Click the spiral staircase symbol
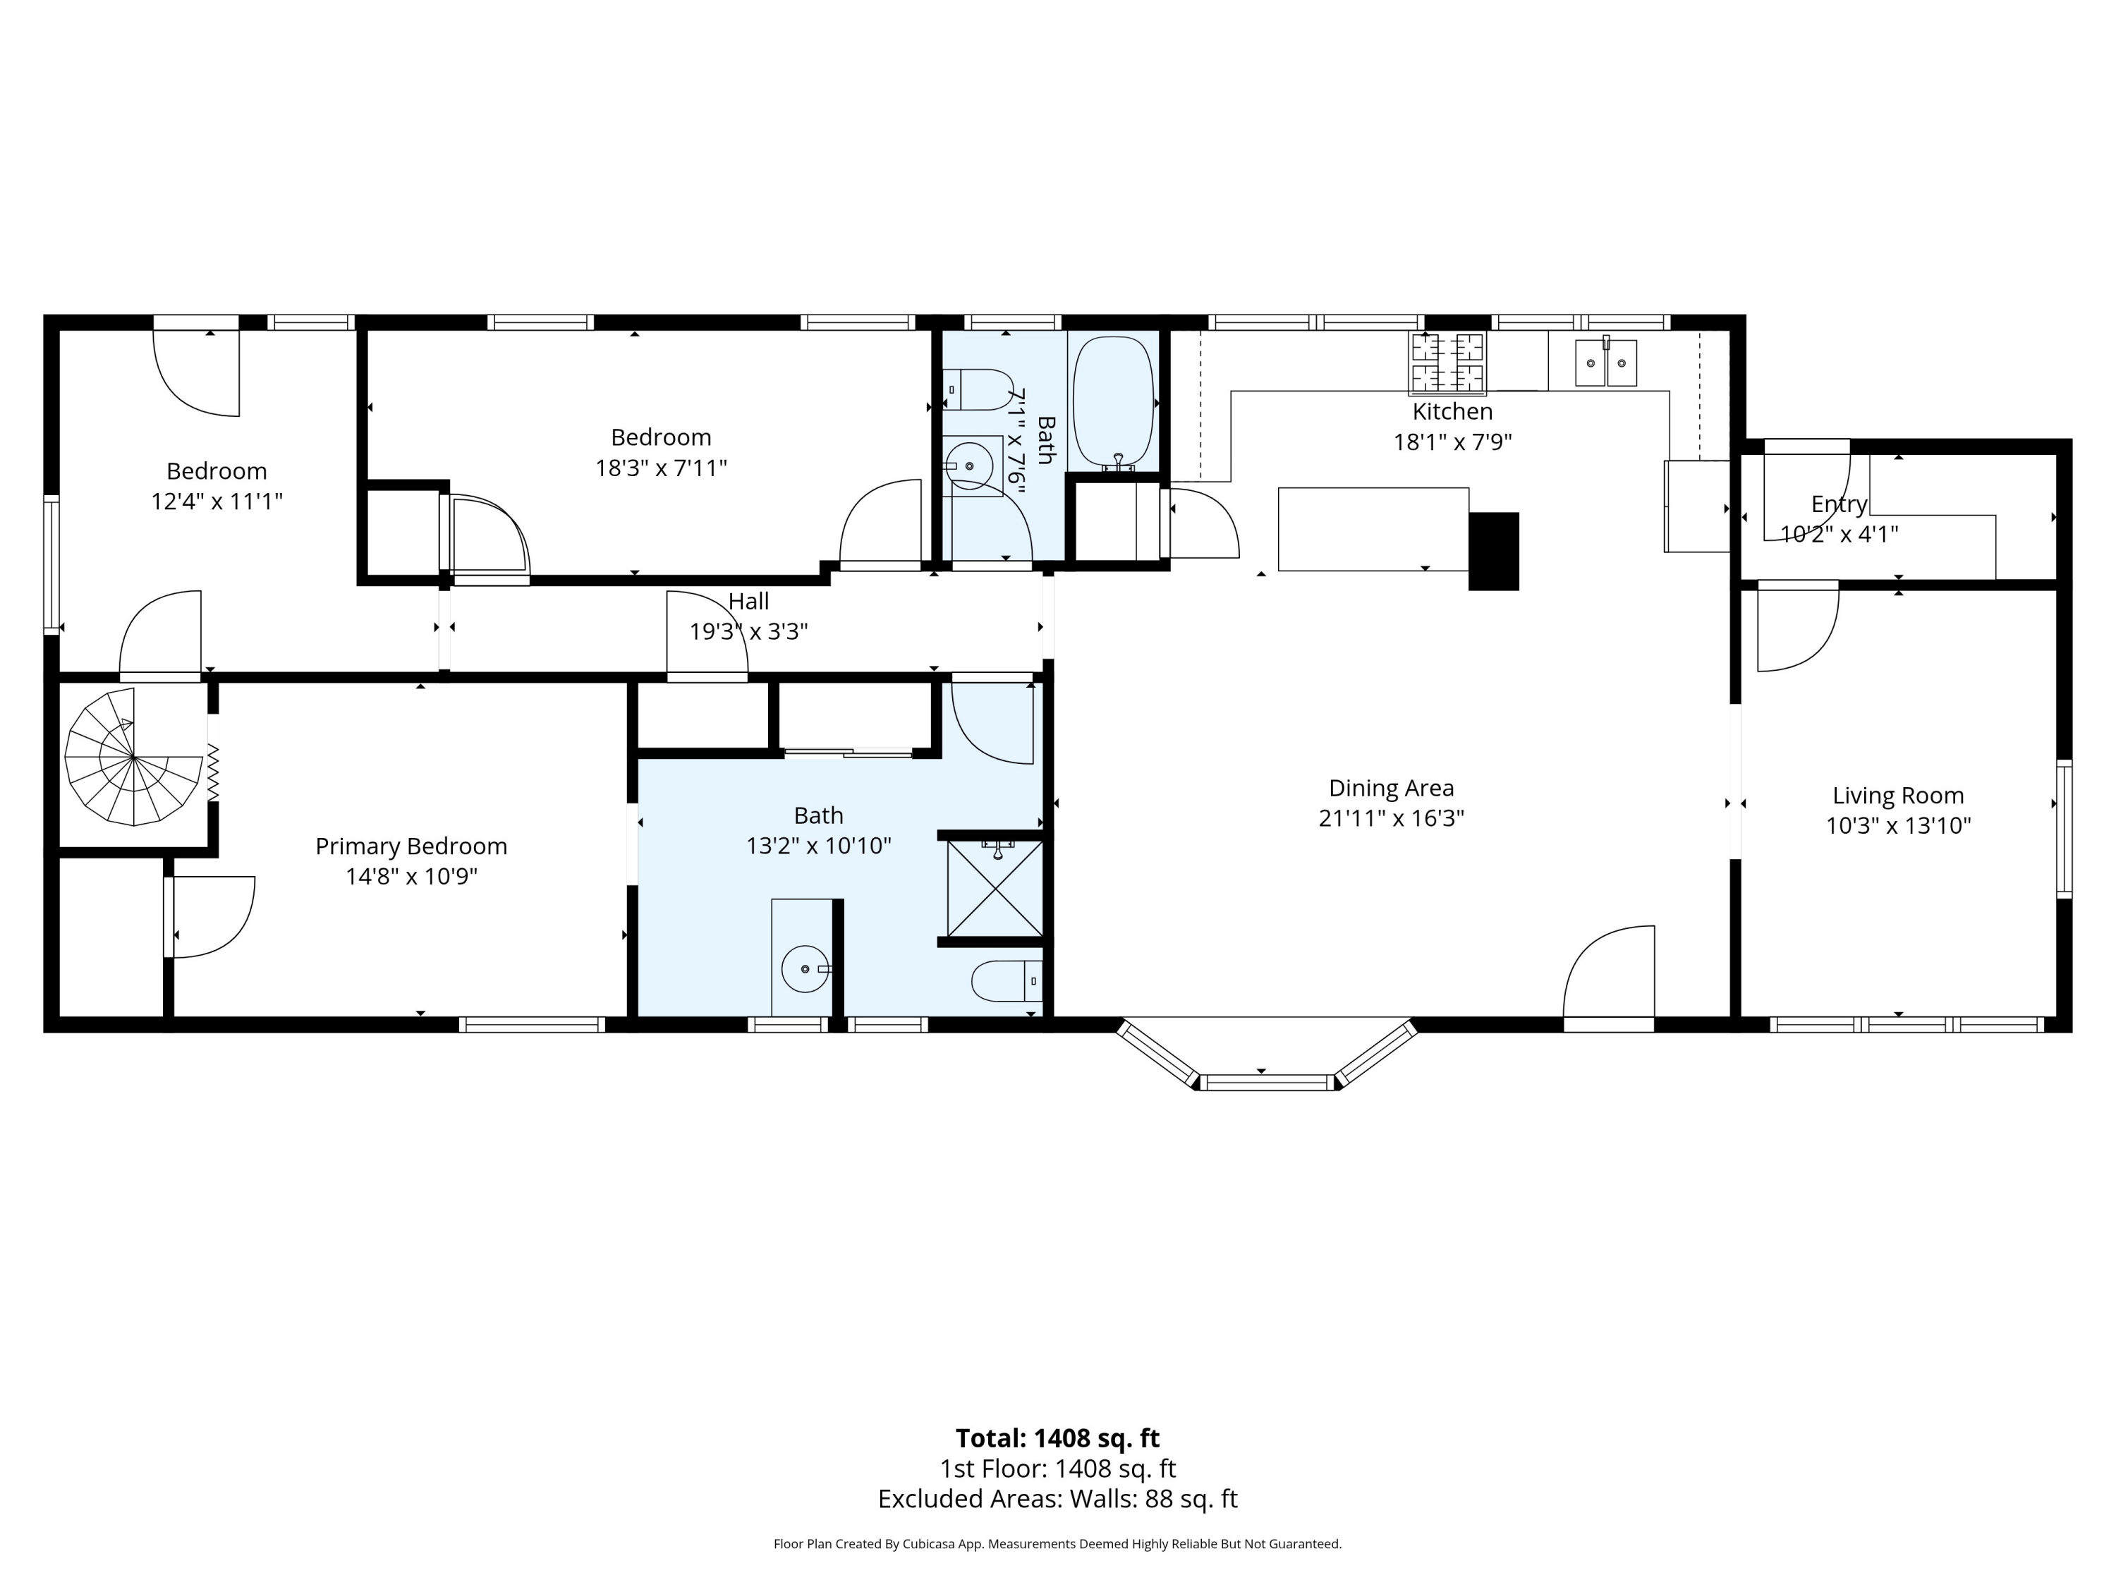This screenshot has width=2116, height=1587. coord(133,757)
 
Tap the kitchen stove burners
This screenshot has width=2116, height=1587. coord(1447,363)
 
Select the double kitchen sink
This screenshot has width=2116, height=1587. coord(1606,363)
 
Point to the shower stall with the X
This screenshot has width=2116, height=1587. coord(995,889)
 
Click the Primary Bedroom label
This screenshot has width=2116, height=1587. coord(411,846)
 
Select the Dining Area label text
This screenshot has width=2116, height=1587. coord(1392,789)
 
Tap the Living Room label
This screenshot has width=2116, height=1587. coord(1898,796)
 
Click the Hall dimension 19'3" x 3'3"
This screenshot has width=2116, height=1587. coord(749,631)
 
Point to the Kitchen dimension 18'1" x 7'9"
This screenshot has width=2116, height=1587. coord(1452,442)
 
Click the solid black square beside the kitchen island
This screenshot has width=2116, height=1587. coord(1493,552)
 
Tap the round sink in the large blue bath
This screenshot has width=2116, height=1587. coord(805,969)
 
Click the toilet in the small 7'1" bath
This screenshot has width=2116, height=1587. coord(978,390)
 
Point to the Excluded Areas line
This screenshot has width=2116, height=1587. coord(1058,1499)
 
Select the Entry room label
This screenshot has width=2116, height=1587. coord(1839,504)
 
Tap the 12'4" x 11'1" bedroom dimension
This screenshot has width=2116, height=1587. coord(217,501)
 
